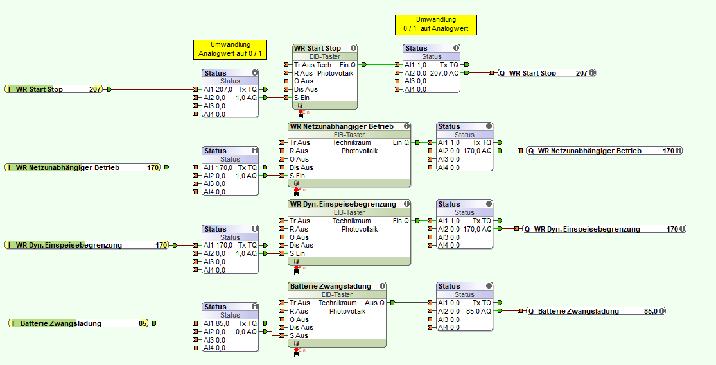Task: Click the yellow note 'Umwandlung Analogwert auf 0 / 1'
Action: click(x=230, y=49)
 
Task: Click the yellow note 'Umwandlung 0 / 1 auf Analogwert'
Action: click(x=435, y=24)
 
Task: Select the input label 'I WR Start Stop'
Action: click(x=39, y=89)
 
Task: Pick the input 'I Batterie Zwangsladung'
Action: click(x=60, y=323)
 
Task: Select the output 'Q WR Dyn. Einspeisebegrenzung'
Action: click(x=587, y=229)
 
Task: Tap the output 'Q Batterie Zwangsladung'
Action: click(x=578, y=311)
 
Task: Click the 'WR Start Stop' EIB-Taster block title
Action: click(x=317, y=48)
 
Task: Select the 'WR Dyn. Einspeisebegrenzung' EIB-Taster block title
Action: click(x=343, y=204)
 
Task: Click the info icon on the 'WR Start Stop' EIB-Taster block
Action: click(x=353, y=48)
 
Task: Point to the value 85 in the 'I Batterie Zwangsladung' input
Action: click(x=143, y=323)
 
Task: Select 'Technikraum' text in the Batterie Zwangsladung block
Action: click(x=337, y=303)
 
